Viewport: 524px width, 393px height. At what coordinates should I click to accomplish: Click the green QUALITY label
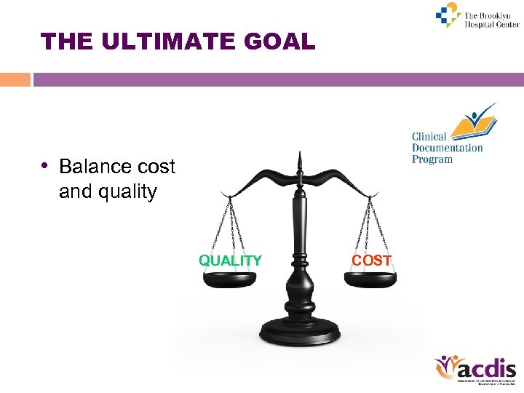[x=231, y=261]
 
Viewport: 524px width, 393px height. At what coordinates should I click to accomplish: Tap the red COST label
[x=371, y=261]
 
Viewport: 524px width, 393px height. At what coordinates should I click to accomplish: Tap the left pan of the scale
[x=231, y=279]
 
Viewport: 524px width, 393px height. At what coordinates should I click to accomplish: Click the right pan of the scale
[x=370, y=279]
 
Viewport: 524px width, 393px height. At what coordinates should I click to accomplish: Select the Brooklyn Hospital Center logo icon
[x=448, y=15]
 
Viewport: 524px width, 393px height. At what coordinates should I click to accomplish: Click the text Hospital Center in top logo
[x=492, y=24]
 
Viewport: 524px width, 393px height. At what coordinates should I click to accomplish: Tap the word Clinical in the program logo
[x=429, y=137]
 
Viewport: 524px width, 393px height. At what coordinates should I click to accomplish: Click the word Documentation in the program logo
[x=447, y=148]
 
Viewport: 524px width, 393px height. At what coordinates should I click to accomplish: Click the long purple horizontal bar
[x=277, y=79]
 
